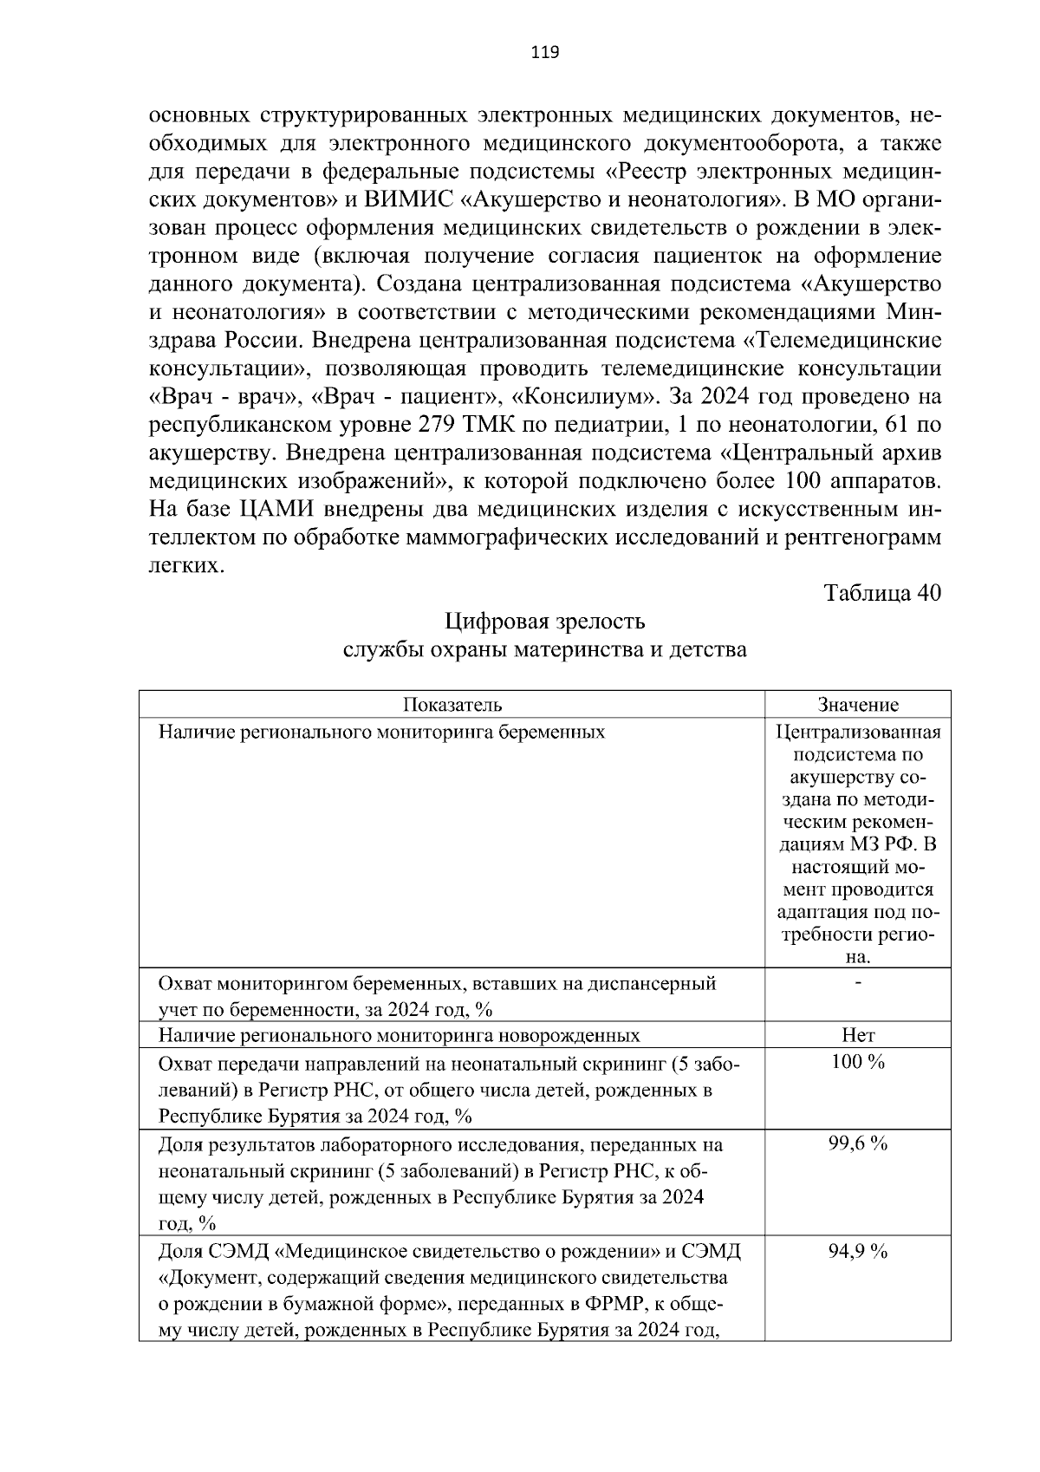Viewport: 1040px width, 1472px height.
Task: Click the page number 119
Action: click(x=545, y=53)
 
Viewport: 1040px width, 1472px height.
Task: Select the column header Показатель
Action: click(x=452, y=705)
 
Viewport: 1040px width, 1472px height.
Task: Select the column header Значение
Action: click(x=858, y=705)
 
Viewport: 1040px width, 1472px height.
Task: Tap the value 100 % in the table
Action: click(x=858, y=1062)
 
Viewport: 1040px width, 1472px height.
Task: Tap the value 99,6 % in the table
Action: click(x=858, y=1143)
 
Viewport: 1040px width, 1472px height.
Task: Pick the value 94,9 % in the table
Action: click(x=858, y=1251)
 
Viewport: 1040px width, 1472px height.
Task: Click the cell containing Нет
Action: click(x=858, y=1035)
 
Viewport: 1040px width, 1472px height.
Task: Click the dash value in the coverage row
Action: click(x=858, y=982)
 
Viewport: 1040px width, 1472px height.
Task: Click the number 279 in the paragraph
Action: click(x=437, y=425)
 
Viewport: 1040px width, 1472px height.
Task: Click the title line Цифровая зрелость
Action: click(x=545, y=622)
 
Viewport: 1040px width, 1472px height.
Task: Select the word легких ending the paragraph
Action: click(x=185, y=565)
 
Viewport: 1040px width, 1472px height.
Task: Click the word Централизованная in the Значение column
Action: click(x=858, y=732)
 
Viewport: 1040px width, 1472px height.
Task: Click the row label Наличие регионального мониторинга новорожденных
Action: click(x=400, y=1035)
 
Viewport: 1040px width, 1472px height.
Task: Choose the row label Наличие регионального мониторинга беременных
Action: click(x=381, y=732)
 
